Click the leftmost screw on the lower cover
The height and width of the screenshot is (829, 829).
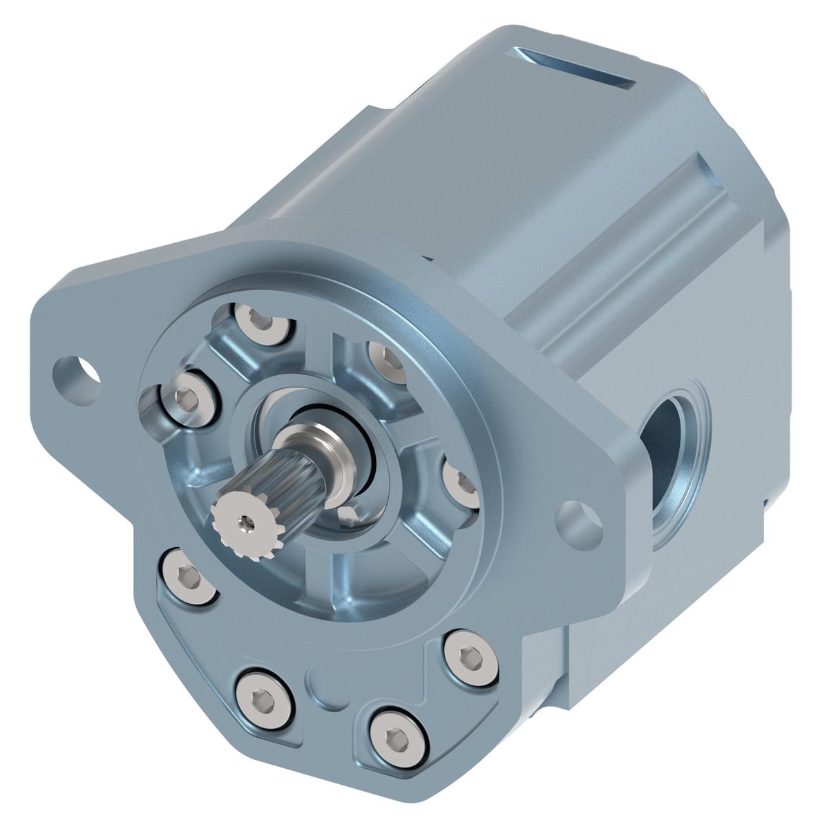(x=186, y=574)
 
